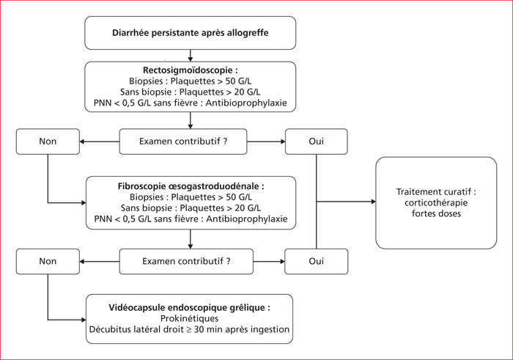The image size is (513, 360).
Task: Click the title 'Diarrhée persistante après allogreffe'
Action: [x=190, y=33]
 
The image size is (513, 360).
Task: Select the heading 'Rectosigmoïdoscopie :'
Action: [x=191, y=70]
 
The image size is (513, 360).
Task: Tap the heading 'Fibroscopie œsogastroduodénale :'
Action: [x=191, y=186]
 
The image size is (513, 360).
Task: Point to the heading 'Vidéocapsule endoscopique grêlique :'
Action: [x=189, y=308]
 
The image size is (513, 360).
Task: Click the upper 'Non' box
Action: [x=48, y=142]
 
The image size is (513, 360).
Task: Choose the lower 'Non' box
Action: [x=48, y=261]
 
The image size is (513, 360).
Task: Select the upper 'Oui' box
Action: [x=317, y=142]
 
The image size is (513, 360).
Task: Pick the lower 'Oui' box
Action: [x=317, y=261]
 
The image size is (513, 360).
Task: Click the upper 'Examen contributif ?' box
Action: [x=183, y=142]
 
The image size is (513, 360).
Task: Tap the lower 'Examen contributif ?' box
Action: [x=186, y=261]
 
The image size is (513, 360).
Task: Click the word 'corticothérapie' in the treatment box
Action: [x=436, y=202]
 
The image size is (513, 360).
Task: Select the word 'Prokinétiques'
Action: [x=189, y=318]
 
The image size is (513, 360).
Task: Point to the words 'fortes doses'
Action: [x=436, y=213]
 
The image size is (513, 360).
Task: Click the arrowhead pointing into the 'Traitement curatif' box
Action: [x=373, y=202]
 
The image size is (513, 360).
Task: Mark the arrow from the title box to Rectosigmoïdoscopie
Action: [x=191, y=56]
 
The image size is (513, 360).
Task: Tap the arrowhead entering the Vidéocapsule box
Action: [x=84, y=320]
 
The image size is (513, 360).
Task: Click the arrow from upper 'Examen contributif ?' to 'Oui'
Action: [x=266, y=142]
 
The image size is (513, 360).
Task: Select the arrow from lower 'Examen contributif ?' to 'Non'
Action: [x=100, y=262]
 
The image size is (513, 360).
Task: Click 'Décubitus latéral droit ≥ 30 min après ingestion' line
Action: [x=189, y=329]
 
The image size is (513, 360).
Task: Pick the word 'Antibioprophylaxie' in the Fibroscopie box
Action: [x=247, y=218]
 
